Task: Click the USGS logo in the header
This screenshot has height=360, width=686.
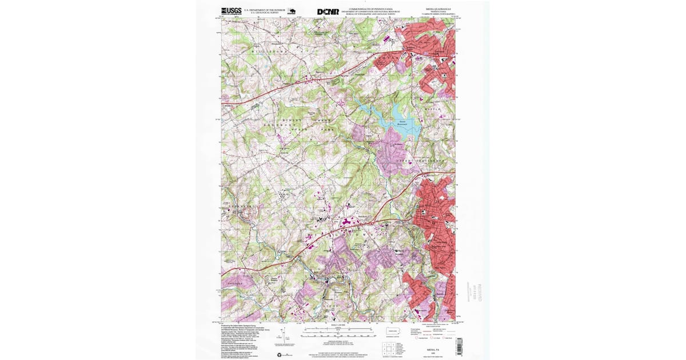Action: point(231,11)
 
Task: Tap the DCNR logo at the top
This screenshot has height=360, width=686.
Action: point(328,11)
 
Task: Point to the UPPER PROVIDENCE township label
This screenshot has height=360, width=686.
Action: point(420,162)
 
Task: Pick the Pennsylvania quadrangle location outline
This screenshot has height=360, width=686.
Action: point(393,331)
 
